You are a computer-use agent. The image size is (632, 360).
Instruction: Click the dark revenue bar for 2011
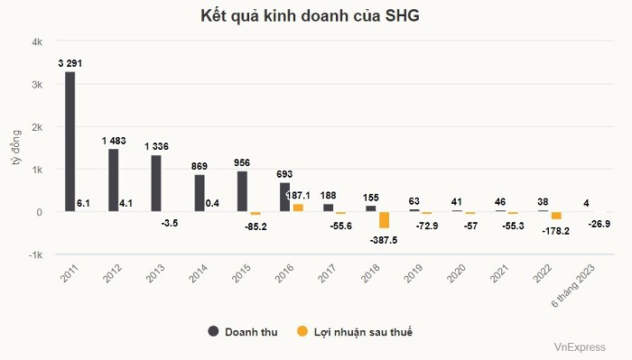click(70, 142)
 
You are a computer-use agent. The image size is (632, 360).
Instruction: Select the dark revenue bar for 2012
click(113, 180)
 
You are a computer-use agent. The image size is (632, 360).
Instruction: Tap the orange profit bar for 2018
click(384, 220)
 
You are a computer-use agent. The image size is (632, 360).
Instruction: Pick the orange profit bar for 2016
click(298, 208)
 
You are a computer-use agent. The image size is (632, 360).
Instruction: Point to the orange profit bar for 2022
click(556, 216)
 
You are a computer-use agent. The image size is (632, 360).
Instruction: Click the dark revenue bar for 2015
click(242, 191)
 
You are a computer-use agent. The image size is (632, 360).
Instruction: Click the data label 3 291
click(70, 63)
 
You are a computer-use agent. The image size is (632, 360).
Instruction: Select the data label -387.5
click(384, 240)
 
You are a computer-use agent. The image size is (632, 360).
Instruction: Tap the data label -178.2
click(556, 231)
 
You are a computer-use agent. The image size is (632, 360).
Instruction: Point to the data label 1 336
click(156, 146)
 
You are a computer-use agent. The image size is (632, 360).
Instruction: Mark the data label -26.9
click(599, 224)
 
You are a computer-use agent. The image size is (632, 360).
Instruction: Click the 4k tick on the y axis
click(37, 42)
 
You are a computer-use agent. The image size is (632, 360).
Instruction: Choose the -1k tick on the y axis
click(35, 255)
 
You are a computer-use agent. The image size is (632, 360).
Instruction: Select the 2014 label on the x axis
click(198, 273)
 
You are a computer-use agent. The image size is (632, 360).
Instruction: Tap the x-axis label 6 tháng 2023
click(572, 286)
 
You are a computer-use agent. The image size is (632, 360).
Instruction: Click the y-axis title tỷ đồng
click(15, 147)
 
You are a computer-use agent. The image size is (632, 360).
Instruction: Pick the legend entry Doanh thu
click(243, 332)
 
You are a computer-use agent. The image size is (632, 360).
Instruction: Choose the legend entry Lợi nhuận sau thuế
click(355, 332)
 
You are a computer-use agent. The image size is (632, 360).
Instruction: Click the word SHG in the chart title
click(403, 15)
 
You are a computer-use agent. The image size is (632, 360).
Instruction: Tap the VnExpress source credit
click(580, 347)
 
